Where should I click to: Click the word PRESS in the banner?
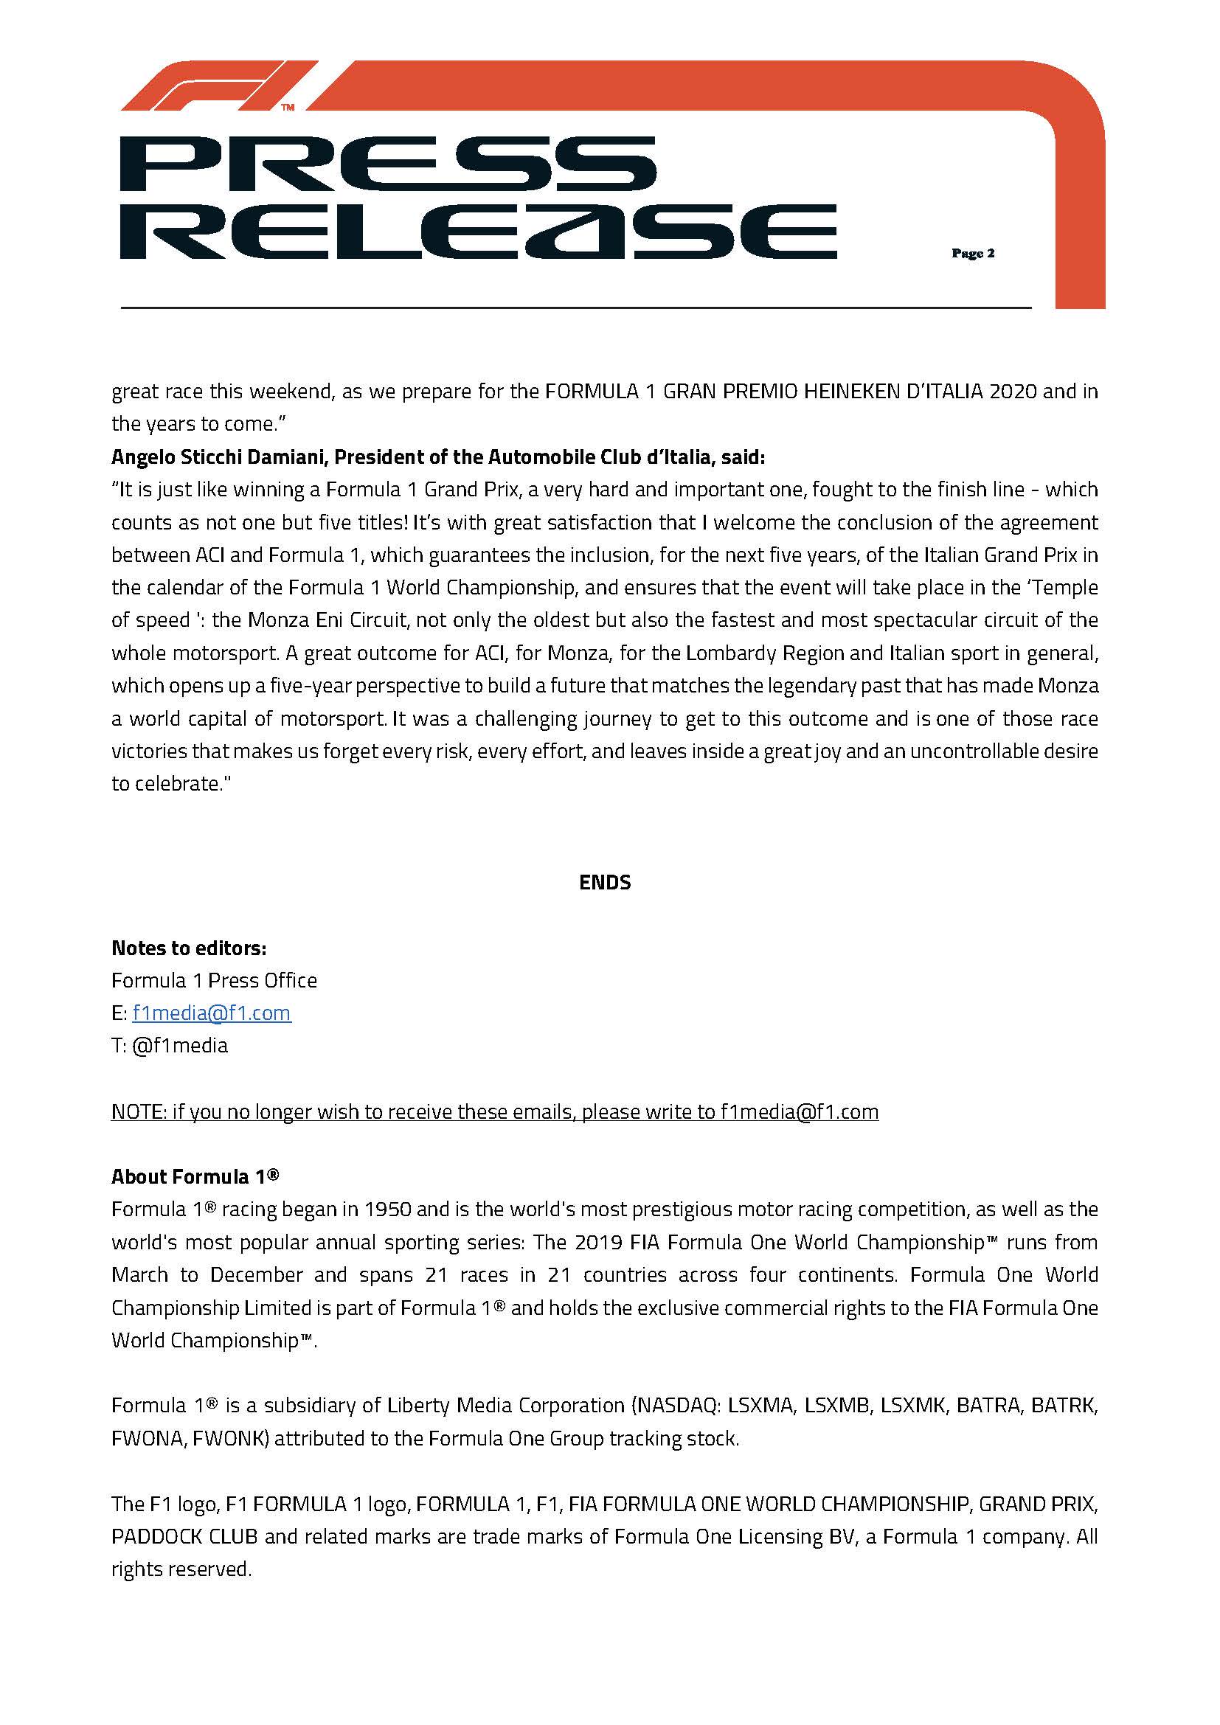click(388, 164)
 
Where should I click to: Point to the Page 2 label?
click(973, 253)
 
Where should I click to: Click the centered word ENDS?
click(605, 882)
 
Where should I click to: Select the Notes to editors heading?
click(189, 948)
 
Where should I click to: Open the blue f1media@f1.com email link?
click(211, 1013)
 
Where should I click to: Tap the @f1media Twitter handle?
click(179, 1046)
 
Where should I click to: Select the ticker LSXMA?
click(761, 1406)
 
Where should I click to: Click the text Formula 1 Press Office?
click(214, 980)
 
